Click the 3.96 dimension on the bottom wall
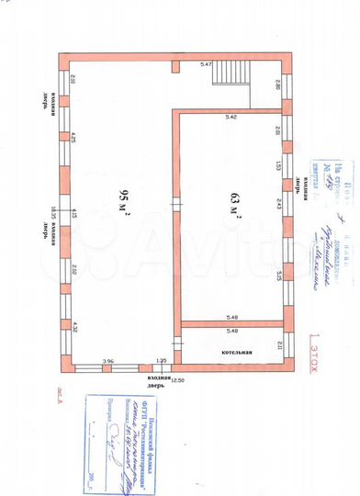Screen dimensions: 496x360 click(107, 361)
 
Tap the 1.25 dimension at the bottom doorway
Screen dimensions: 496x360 click(161, 361)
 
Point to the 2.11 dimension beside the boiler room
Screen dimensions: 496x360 click(278, 344)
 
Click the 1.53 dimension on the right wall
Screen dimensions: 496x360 click(276, 164)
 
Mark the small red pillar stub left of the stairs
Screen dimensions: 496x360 click(175, 66)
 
